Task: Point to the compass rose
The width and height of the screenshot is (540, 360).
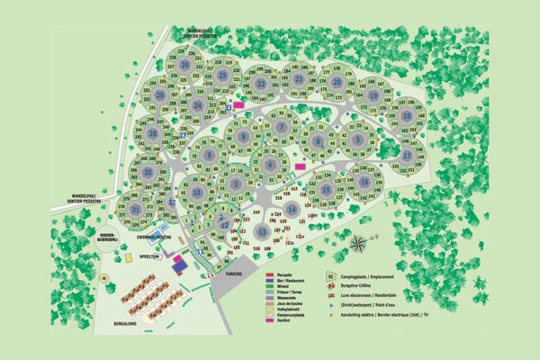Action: point(360,243)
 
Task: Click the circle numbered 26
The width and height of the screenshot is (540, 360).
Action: point(184,65)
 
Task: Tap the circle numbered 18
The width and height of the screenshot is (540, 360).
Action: point(407,116)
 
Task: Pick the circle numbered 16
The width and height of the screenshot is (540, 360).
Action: point(364,182)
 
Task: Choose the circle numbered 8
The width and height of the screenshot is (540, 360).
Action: point(243,136)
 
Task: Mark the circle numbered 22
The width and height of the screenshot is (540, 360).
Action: point(260,84)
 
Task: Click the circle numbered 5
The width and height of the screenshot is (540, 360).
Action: point(357,139)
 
